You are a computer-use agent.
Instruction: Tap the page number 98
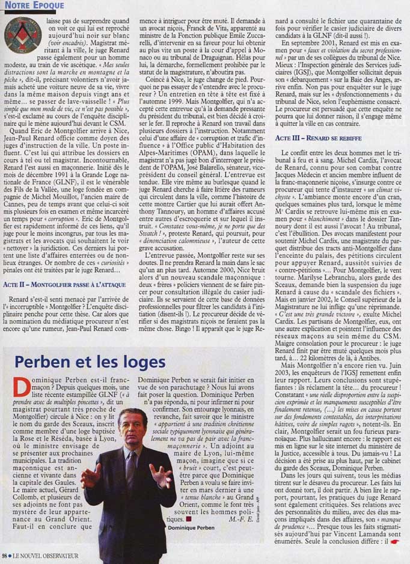point(5,556)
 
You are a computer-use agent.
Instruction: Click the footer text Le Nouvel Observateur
point(45,556)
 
